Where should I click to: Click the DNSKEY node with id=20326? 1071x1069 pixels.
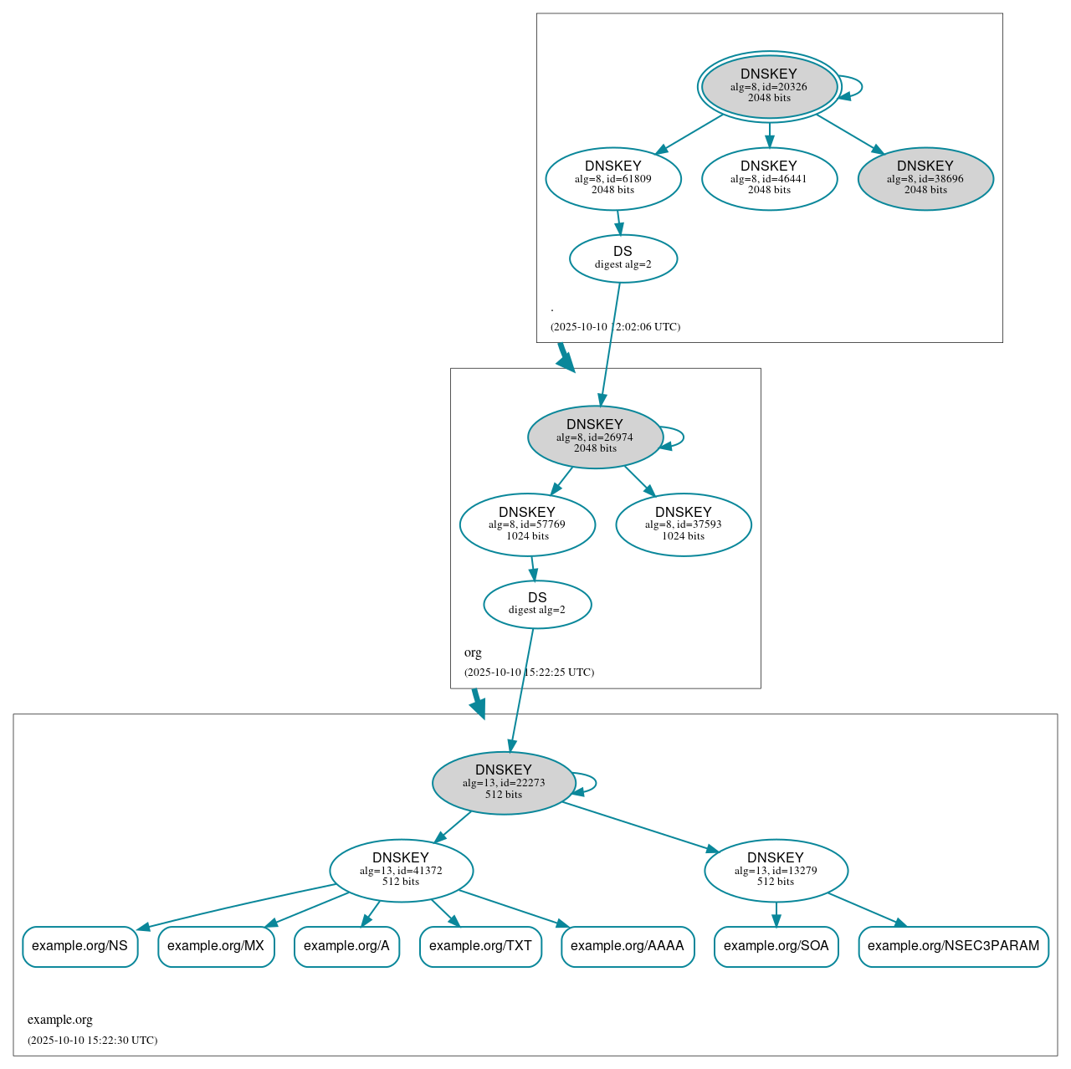769,86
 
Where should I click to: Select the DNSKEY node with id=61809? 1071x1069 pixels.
613,178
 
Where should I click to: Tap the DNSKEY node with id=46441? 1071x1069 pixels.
769,178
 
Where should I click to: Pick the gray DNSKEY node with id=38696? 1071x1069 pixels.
925,178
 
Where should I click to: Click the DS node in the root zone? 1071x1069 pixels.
623,258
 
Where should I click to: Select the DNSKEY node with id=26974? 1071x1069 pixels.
595,437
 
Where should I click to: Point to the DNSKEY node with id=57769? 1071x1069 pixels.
527,524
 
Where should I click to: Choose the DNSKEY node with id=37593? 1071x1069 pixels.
684,524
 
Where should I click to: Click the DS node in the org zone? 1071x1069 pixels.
537,604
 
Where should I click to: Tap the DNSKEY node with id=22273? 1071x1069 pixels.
504,783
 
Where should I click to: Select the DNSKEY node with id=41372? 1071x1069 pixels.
401,871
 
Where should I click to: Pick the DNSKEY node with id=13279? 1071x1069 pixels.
776,871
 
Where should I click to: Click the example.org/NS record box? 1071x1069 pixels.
79,946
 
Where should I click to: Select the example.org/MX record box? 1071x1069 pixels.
216,946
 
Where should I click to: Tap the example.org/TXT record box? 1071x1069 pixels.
480,946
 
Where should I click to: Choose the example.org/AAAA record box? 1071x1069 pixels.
628,946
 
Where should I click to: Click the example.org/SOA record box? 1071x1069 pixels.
776,946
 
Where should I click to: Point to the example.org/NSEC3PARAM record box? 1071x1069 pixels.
953,946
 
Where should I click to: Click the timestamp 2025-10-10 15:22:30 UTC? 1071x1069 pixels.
92,1041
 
